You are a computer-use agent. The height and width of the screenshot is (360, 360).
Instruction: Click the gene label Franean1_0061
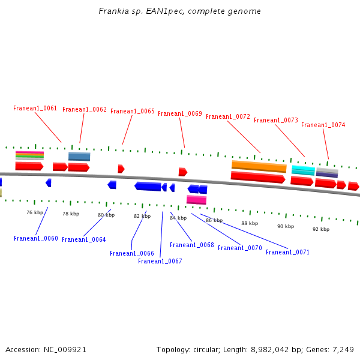(35, 109)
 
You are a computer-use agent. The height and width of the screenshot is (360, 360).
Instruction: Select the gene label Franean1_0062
(85, 110)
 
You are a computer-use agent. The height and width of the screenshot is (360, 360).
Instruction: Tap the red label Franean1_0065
(133, 112)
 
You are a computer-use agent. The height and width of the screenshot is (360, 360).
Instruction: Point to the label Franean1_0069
(180, 114)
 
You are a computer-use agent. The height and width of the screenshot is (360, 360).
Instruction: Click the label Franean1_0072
(228, 116)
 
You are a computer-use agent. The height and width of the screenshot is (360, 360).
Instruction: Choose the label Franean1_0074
(323, 125)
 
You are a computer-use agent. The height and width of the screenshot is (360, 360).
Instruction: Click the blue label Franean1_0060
(36, 239)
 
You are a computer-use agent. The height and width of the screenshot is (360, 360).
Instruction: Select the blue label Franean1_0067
(160, 262)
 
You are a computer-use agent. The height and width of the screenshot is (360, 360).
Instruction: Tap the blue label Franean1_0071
(288, 253)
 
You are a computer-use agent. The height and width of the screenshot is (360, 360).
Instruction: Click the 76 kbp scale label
(35, 212)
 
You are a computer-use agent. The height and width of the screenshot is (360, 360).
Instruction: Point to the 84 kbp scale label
(178, 218)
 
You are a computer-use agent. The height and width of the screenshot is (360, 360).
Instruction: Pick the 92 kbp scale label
(321, 229)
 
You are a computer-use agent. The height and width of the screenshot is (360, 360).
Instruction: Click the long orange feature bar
(259, 166)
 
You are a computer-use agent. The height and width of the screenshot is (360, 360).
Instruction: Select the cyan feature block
(303, 170)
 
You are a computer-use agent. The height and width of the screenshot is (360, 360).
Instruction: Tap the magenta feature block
(196, 200)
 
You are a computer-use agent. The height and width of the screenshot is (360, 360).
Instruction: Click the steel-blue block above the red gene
(79, 157)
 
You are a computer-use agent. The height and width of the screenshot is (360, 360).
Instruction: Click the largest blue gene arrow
(148, 187)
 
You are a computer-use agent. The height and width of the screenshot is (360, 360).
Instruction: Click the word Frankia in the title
(112, 11)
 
